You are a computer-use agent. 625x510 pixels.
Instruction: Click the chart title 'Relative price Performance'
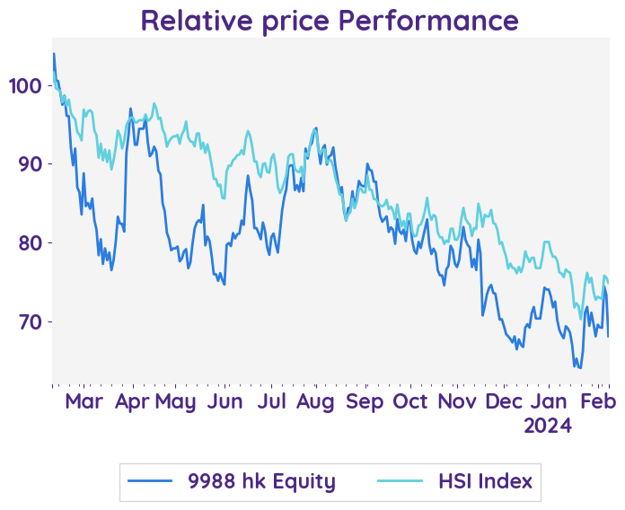[x=330, y=20]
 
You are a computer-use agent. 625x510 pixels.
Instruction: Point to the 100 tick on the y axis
[x=24, y=86]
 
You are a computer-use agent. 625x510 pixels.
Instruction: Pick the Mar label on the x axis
[x=84, y=401]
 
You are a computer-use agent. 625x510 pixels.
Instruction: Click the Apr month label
[x=133, y=401]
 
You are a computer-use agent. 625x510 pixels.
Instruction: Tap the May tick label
[x=175, y=401]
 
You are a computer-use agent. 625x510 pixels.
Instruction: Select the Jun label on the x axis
[x=224, y=401]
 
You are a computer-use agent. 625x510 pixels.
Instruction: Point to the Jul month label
[x=271, y=401]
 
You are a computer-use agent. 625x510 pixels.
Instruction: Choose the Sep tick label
[x=365, y=401]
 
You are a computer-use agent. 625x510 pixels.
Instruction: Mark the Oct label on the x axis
[x=411, y=401]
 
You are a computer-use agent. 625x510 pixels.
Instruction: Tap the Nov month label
[x=459, y=401]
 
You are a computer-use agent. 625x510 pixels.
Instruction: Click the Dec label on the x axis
[x=505, y=401]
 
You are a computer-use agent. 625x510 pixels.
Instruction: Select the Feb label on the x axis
[x=596, y=401]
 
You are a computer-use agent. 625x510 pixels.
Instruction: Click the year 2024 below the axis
[x=549, y=426]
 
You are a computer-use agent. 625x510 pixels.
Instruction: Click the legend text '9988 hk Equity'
[x=261, y=481]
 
